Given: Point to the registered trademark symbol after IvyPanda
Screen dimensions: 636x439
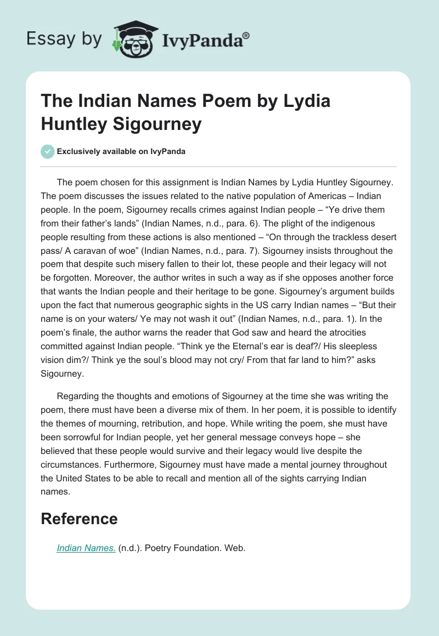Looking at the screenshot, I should coord(246,35).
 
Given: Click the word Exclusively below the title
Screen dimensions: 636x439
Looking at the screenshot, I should coord(81,152).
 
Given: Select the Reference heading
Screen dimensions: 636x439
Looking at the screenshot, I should coord(79,519).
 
